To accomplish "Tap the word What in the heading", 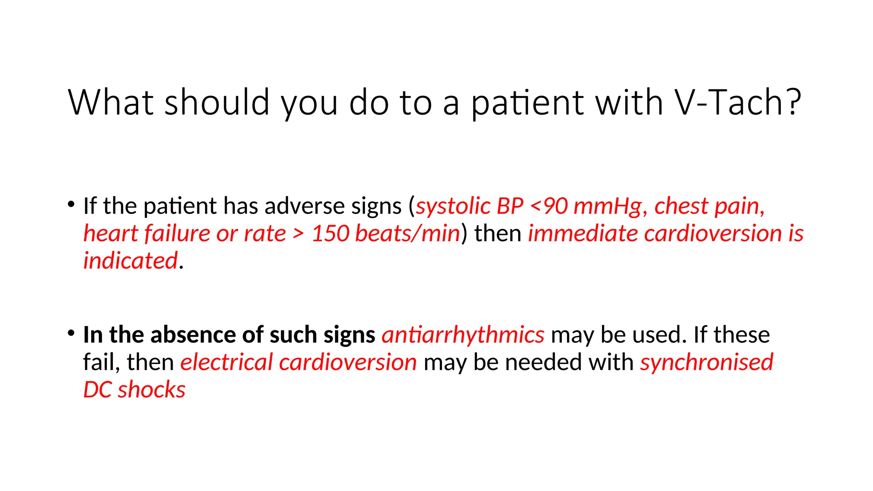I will click(111, 102).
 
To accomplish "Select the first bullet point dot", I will click(71, 204).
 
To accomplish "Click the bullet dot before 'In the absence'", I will click(71, 333).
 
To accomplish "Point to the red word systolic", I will click(453, 206).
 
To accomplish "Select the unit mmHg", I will click(607, 206).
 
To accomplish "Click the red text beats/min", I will click(408, 234).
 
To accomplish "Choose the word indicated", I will click(130, 261).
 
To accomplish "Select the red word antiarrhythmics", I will click(463, 335).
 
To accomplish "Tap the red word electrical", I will click(226, 362).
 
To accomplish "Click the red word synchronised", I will click(706, 362).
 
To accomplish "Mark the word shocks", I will click(151, 390).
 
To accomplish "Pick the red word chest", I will click(681, 206).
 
